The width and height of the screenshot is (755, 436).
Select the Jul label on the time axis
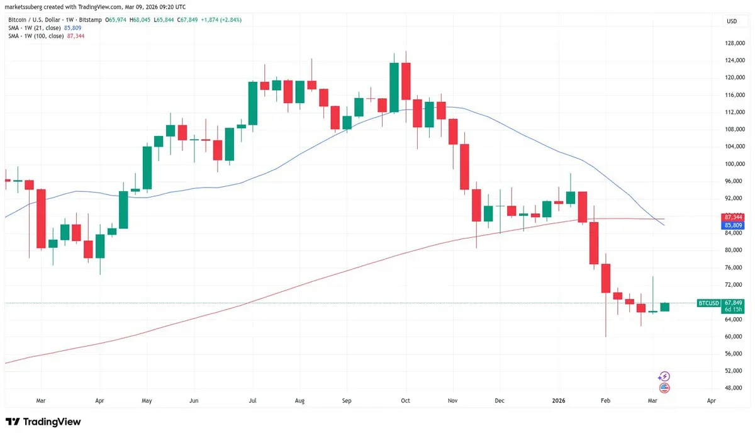point(252,400)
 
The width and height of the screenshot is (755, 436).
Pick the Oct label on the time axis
point(406,400)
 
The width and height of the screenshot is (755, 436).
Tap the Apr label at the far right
point(711,400)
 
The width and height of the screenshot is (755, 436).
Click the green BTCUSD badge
point(709,303)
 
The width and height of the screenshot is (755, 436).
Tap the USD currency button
point(732,21)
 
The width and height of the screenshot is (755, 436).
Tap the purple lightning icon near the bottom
point(664,376)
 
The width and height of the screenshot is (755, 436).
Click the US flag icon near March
point(664,388)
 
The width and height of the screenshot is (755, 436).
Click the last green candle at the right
point(664,307)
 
